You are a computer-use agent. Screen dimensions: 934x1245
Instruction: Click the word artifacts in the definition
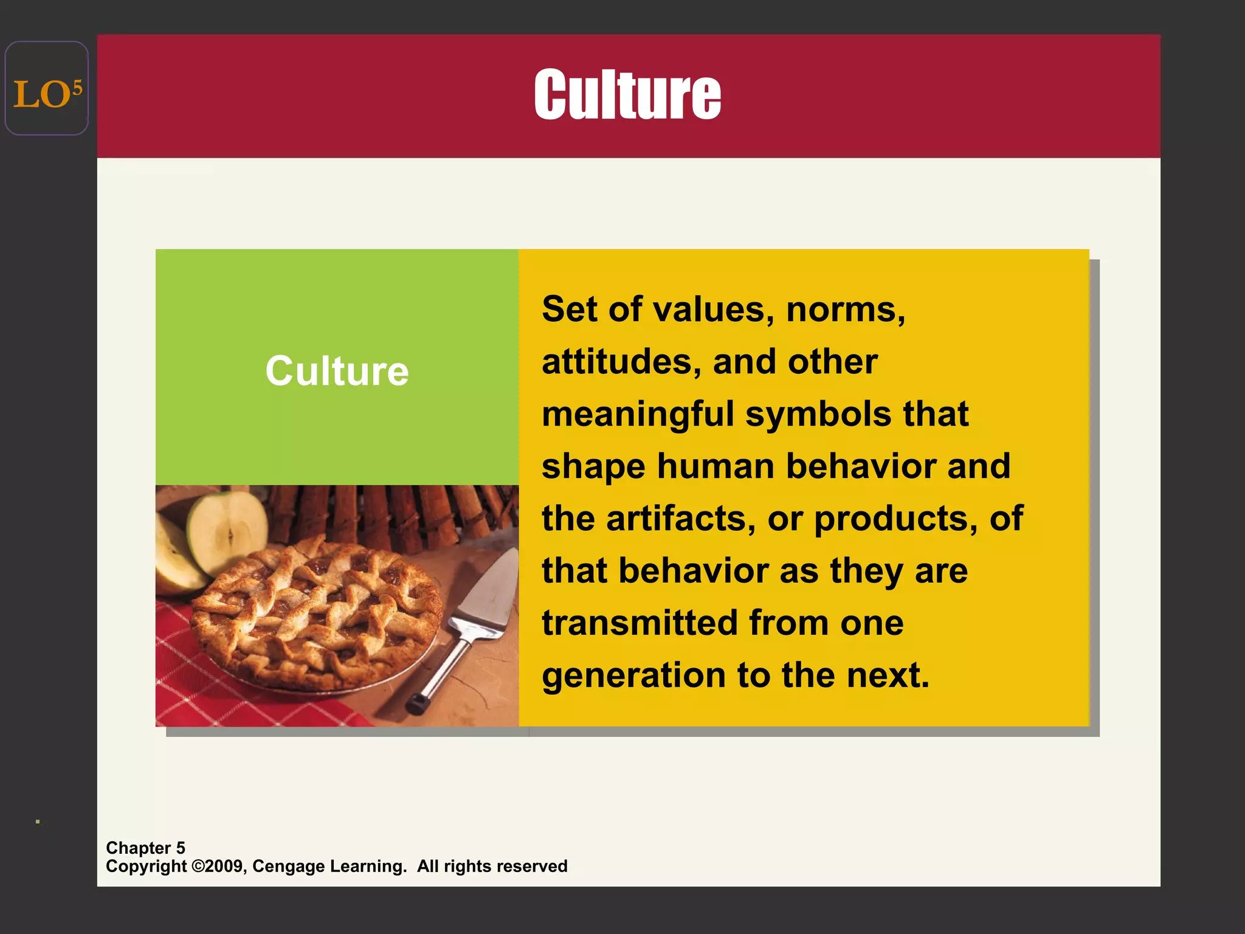click(681, 519)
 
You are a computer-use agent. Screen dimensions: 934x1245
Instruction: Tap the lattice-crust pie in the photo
click(316, 614)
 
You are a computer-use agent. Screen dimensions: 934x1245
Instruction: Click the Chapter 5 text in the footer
click(145, 848)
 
